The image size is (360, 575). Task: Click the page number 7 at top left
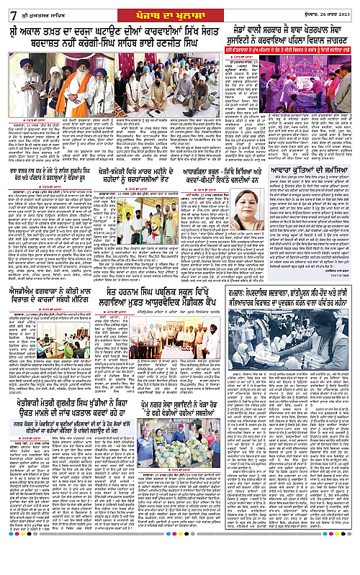click(x=9, y=14)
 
